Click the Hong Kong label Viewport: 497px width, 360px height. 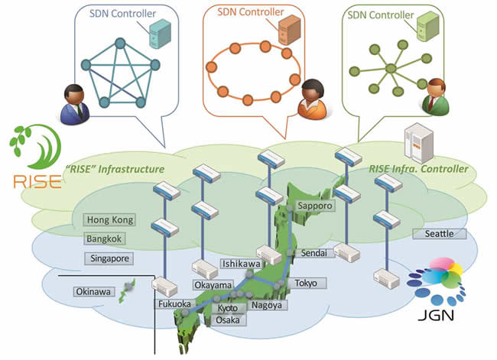(x=111, y=220)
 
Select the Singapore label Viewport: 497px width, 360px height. (x=109, y=259)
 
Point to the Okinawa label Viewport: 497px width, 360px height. (x=93, y=291)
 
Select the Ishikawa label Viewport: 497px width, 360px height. (x=241, y=264)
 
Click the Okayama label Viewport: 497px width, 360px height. (x=212, y=285)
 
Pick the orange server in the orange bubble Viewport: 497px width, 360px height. (x=289, y=31)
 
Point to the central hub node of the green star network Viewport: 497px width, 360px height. (x=390, y=69)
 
